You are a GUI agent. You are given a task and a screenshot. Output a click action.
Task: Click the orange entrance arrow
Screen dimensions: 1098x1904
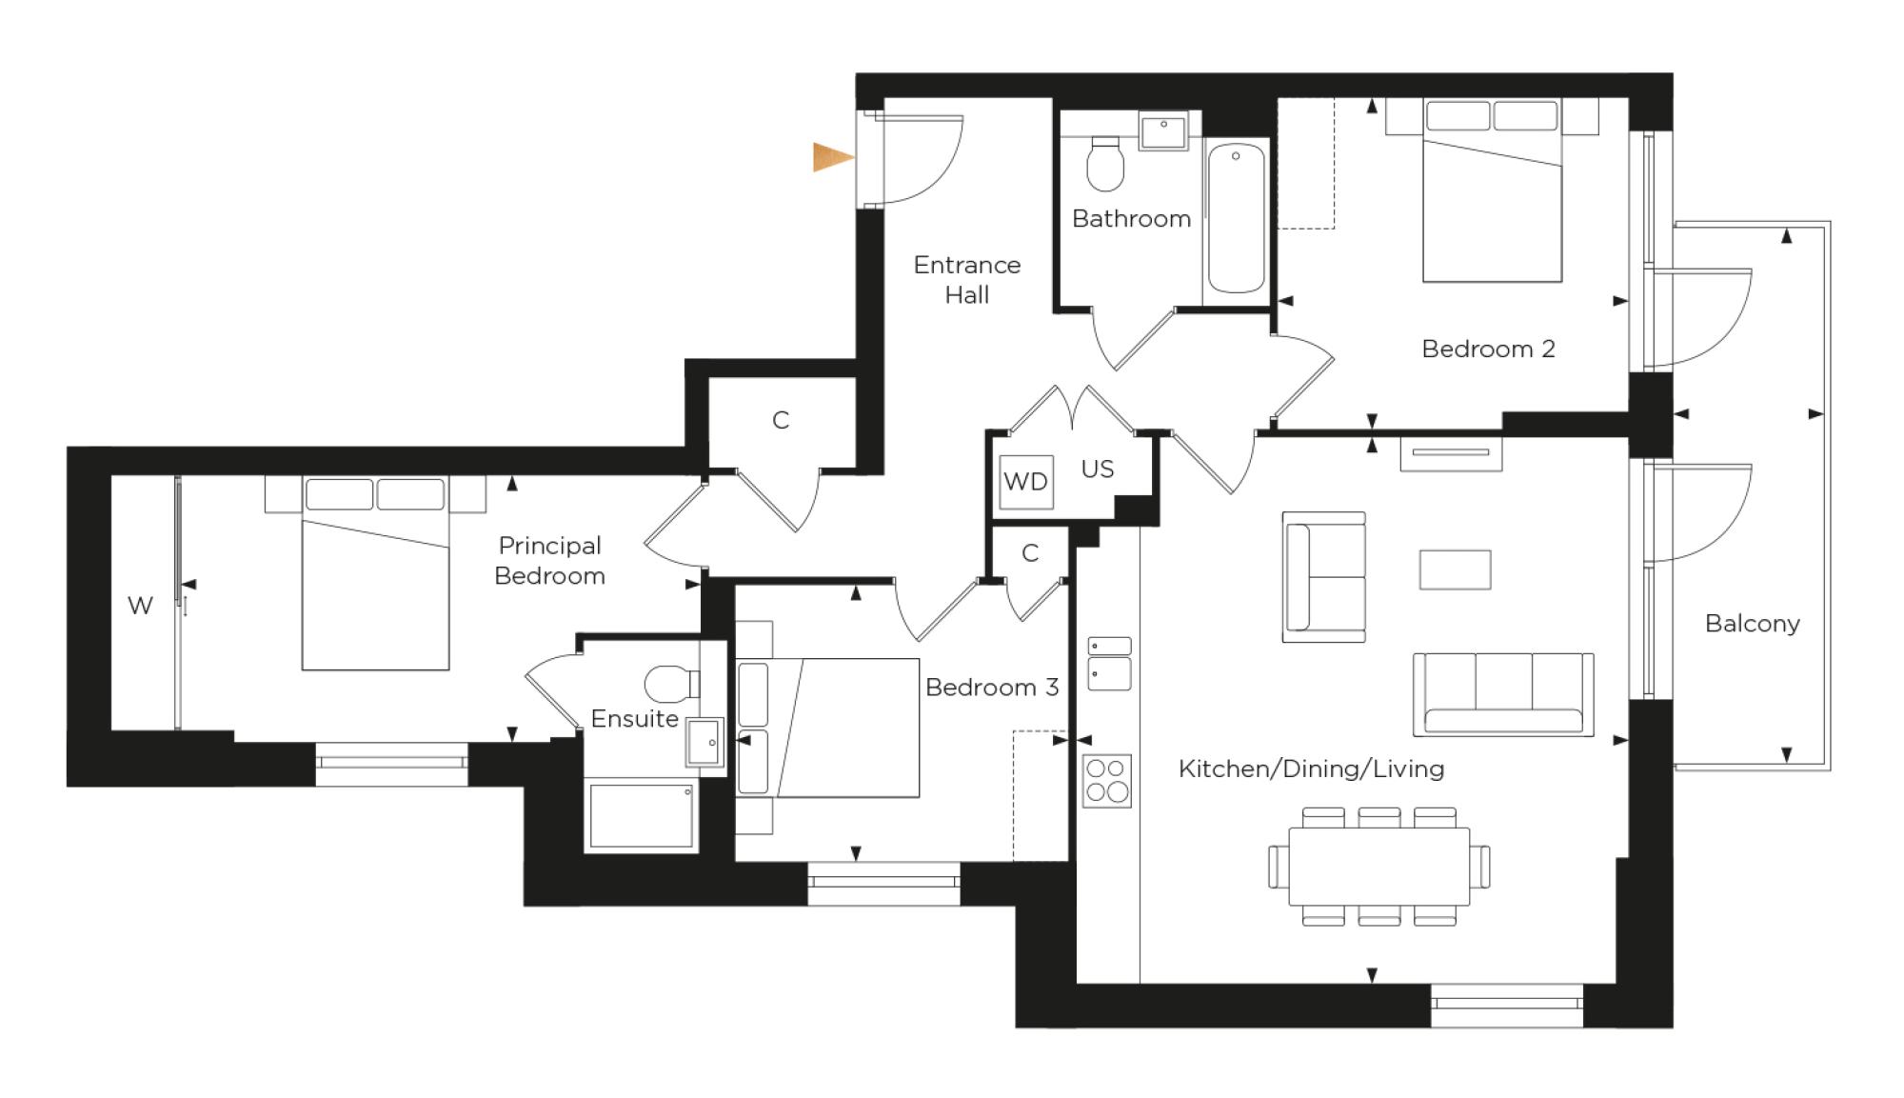click(x=831, y=157)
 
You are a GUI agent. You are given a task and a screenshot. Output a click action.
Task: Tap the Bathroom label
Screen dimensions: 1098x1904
click(x=1131, y=219)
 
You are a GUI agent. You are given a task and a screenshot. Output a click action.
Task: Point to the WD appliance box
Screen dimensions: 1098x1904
click(x=1026, y=482)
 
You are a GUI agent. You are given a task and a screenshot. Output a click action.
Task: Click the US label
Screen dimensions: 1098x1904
click(x=1097, y=469)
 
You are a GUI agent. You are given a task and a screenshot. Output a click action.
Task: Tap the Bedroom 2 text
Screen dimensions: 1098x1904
click(x=1487, y=349)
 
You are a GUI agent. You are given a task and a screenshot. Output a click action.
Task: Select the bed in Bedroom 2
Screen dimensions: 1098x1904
click(x=1492, y=195)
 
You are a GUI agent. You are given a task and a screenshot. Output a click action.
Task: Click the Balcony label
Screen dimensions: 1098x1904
click(x=1752, y=624)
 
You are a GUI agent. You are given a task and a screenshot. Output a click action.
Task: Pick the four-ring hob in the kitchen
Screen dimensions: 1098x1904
click(x=1106, y=780)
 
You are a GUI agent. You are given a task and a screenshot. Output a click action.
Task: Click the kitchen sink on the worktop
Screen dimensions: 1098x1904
click(x=1109, y=664)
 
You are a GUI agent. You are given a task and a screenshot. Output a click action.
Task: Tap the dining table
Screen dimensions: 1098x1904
click(x=1378, y=867)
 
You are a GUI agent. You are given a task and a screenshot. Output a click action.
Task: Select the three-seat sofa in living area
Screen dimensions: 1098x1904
click(x=1503, y=693)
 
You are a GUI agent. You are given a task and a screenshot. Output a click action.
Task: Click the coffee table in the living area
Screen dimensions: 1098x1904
click(x=1455, y=569)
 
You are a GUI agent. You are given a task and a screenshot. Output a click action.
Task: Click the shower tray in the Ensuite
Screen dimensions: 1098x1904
click(x=642, y=815)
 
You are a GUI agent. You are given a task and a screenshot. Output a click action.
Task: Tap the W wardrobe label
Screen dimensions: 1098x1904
click(x=140, y=606)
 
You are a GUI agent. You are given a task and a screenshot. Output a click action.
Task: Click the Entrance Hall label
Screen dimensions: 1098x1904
click(x=966, y=279)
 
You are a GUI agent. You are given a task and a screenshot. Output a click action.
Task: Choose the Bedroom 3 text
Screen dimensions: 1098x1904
click(x=991, y=688)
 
